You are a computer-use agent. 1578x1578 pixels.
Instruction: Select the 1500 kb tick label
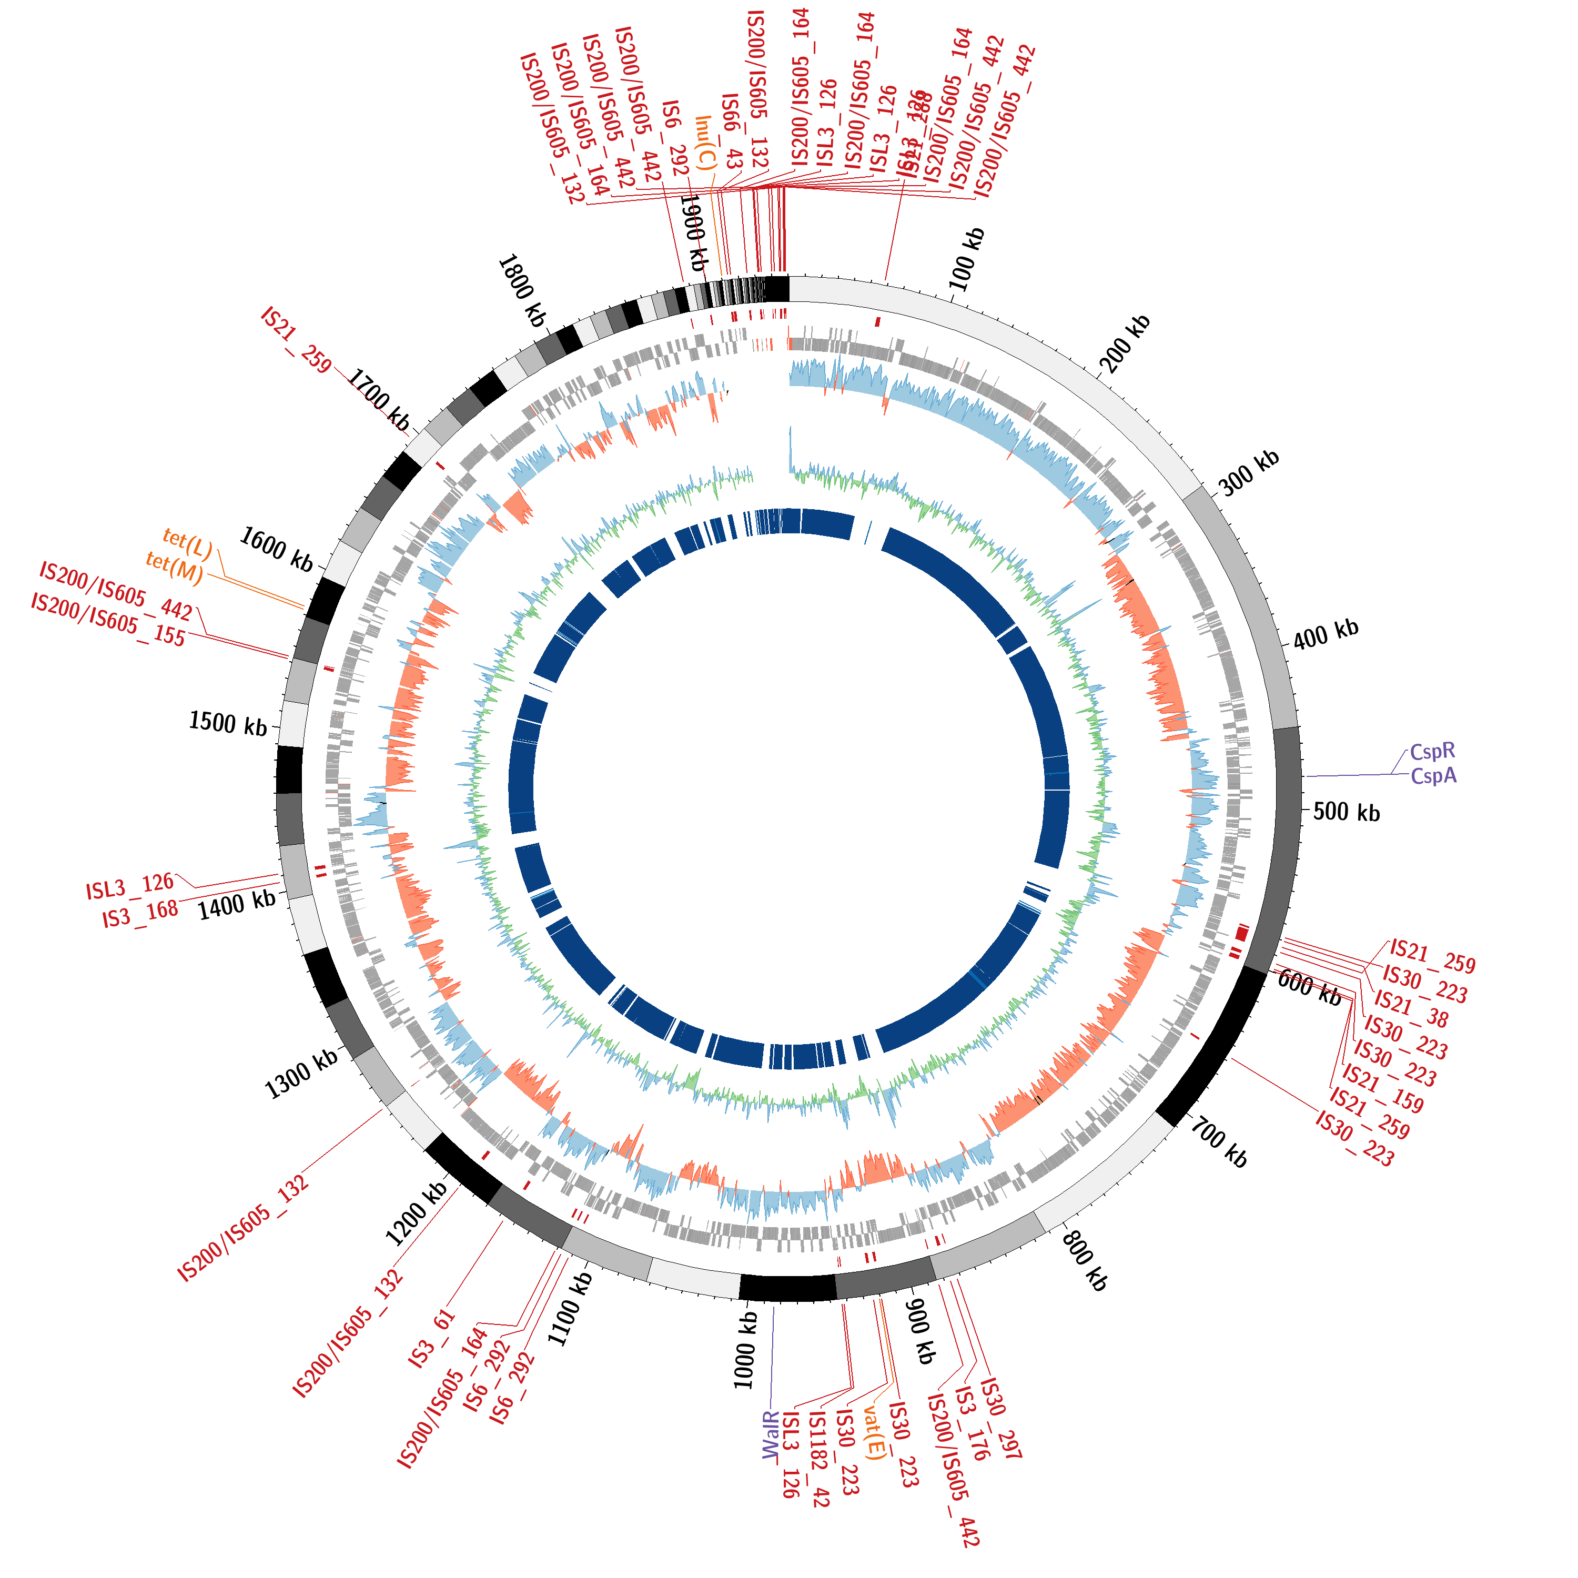click(x=228, y=723)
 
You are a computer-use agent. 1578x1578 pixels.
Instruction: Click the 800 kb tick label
click(x=1085, y=1261)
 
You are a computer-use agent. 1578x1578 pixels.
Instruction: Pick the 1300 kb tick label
click(x=300, y=1074)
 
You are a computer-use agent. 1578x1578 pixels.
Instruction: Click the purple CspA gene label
click(x=1433, y=776)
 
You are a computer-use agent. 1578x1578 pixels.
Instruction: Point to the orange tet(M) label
click(x=174, y=566)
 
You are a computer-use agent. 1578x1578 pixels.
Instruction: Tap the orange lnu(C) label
click(x=705, y=142)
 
